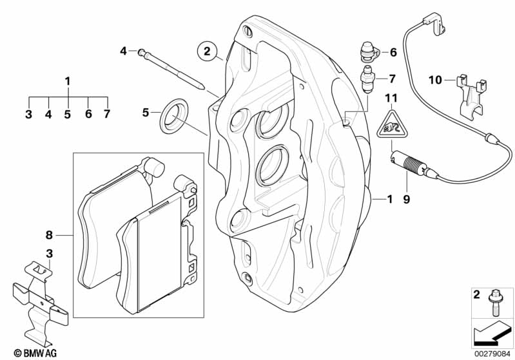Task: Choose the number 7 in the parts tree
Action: click(107, 114)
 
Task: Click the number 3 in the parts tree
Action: click(28, 114)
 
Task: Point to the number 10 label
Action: click(434, 80)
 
